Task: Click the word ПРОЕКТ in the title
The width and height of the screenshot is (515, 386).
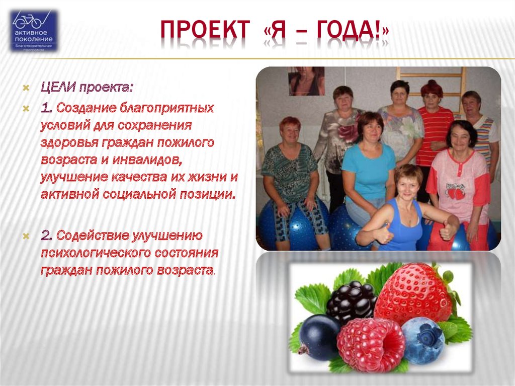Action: pos(205,30)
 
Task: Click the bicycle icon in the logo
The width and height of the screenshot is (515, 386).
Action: pos(28,21)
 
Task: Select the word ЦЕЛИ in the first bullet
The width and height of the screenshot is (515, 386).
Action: pos(58,88)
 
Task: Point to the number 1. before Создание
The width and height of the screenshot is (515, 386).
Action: pos(47,108)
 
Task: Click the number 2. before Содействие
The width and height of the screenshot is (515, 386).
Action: pos(47,236)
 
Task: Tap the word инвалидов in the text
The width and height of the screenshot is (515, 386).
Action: pos(147,160)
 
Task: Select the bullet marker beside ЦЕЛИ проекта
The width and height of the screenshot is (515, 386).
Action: pos(26,88)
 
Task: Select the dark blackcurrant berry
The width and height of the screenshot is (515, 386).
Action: pos(318,337)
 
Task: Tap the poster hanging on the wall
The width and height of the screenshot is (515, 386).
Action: pos(306,81)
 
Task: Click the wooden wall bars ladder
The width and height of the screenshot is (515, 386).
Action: pos(431,89)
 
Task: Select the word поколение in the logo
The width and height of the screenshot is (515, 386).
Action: pos(33,39)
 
